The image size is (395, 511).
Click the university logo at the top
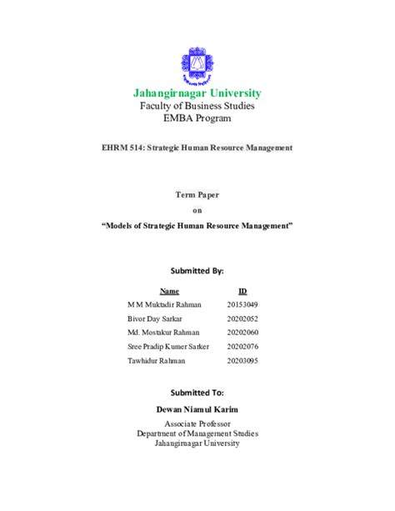[197, 65]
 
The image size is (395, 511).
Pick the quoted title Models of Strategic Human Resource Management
[197, 225]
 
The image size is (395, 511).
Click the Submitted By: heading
[197, 271]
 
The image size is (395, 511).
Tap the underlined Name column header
[169, 292]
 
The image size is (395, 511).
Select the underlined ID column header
[242, 292]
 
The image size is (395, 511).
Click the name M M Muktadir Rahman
[165, 305]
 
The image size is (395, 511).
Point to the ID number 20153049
[242, 305]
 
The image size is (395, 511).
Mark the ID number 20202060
[242, 333]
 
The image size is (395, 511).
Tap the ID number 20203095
[242, 360]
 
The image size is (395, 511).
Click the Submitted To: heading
[197, 392]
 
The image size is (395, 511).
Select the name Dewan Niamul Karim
[197, 410]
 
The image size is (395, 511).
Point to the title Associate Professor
[197, 424]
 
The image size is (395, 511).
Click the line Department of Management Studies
[197, 433]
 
